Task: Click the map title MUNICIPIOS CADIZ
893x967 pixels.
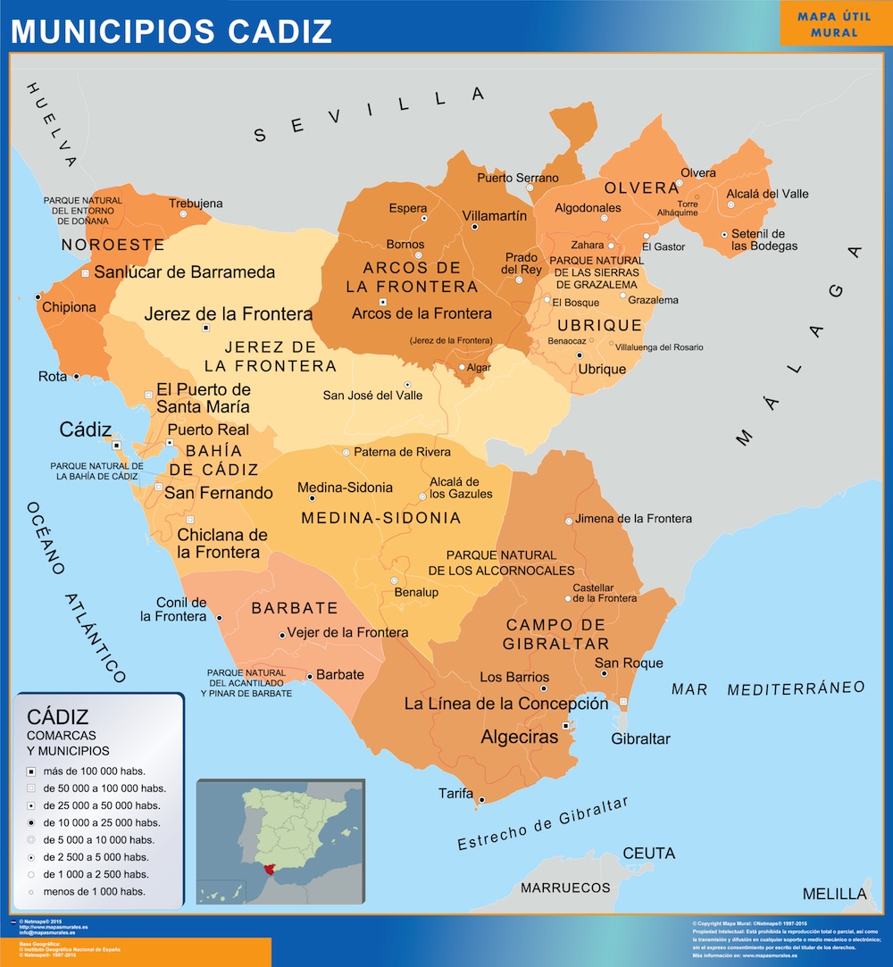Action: [x=171, y=29]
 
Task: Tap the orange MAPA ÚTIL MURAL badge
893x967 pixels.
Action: [x=834, y=23]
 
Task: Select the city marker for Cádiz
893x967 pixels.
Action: [x=116, y=444]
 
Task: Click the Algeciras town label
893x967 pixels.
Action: [x=519, y=737]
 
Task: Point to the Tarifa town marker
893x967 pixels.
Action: [x=481, y=800]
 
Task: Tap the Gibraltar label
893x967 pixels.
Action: [x=640, y=738]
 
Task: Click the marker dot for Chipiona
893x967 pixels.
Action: [x=38, y=296]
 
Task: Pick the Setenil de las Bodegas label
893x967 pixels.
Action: [x=764, y=239]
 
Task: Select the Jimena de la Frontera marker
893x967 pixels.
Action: [x=568, y=520]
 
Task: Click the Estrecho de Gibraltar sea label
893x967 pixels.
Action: [x=542, y=823]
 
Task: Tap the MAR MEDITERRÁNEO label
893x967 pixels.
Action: [x=768, y=688]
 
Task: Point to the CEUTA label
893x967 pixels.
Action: [x=649, y=854]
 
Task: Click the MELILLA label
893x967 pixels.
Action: [x=834, y=894]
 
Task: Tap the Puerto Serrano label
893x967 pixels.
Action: [x=517, y=178]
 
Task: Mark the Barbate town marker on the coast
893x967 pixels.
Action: [x=310, y=677]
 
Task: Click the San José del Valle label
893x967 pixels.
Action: [x=372, y=396]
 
